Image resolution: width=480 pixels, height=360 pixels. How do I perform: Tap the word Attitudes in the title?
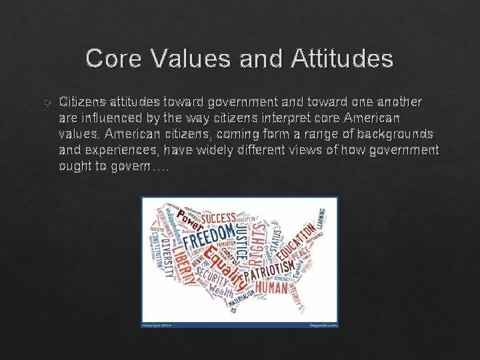pos(342,59)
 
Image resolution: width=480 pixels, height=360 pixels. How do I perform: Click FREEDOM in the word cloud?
pos(207,237)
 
